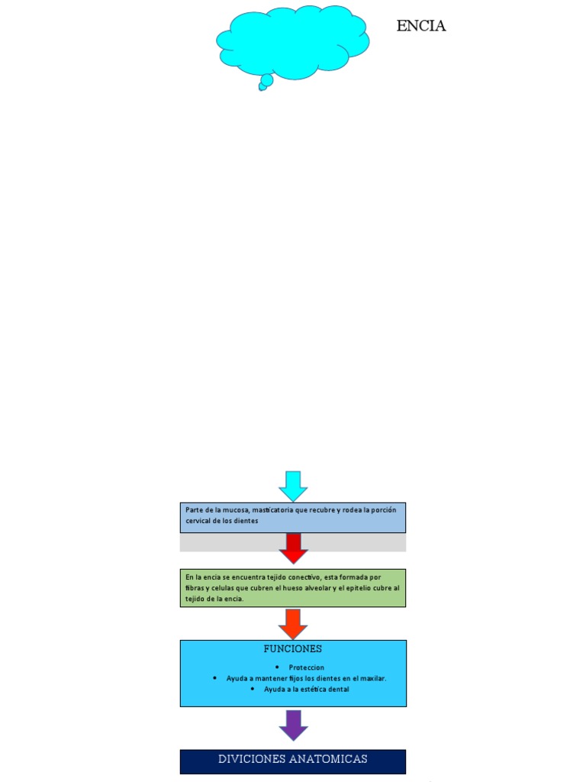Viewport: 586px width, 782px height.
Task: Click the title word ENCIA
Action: coord(420,27)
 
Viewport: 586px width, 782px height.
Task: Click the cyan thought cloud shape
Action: coord(293,42)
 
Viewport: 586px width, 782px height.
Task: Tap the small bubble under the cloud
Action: coord(266,80)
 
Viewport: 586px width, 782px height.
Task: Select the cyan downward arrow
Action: coord(293,486)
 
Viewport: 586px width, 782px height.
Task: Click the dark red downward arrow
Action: coord(293,548)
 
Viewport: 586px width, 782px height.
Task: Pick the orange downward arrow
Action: coord(293,623)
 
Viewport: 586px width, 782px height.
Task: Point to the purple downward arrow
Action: coord(293,725)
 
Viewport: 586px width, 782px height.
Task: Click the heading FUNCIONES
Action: coord(293,649)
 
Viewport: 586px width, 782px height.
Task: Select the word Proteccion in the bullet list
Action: coord(307,667)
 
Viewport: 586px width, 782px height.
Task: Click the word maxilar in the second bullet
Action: coord(373,678)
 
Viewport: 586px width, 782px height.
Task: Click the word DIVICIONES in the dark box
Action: coord(253,759)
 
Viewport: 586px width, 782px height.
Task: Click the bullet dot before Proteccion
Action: coord(277,667)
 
